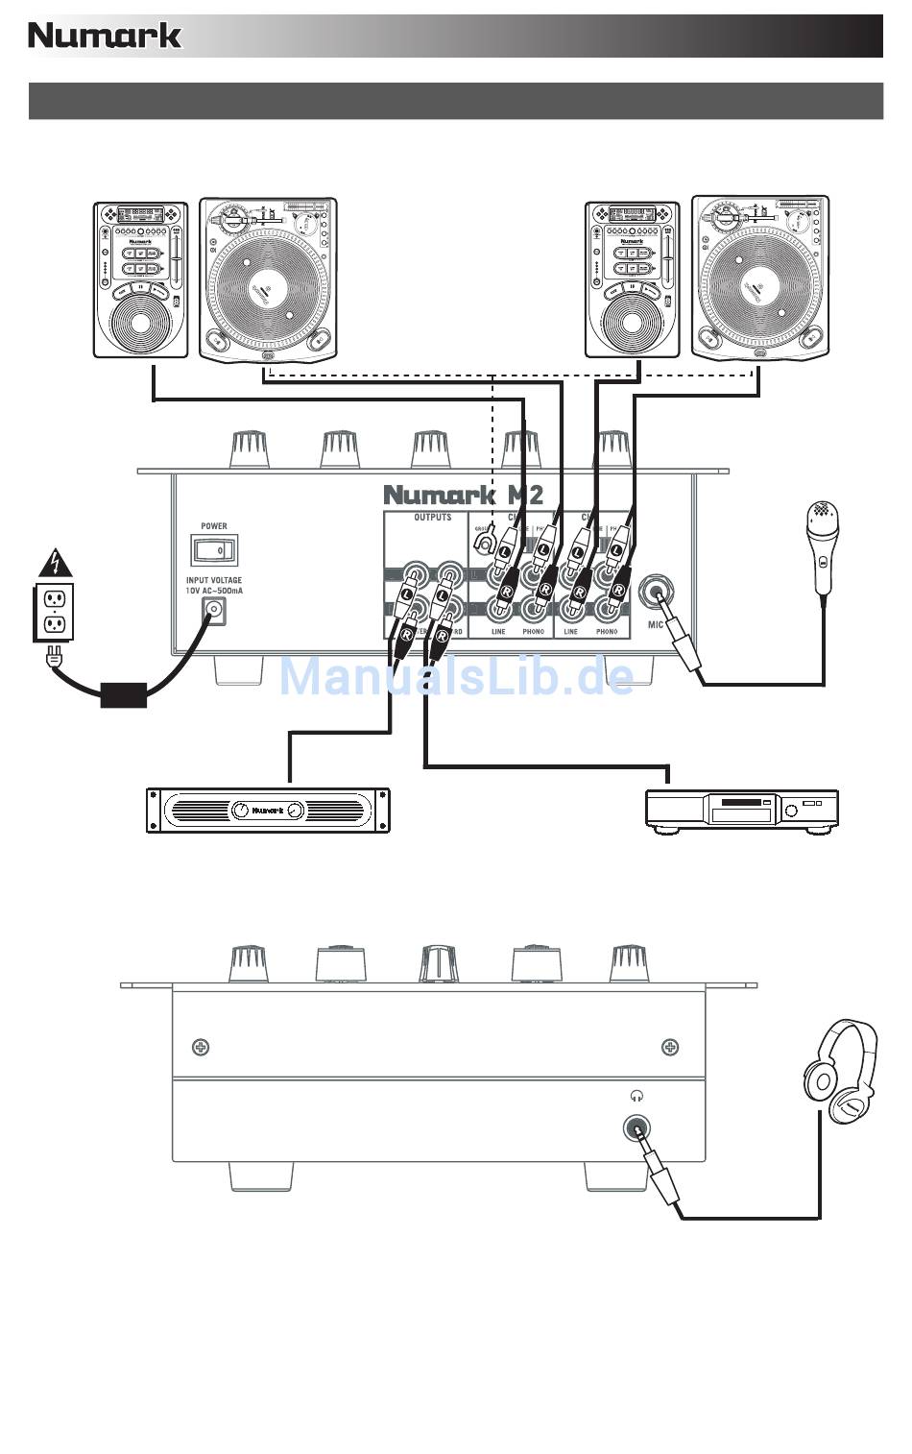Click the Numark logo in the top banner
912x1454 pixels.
pos(105,36)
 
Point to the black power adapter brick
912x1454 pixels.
pos(124,691)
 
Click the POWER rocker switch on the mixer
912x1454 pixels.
pos(214,550)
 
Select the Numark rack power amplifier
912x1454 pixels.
pos(268,810)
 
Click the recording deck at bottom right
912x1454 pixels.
pos(741,809)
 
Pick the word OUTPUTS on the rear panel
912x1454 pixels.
pos(432,518)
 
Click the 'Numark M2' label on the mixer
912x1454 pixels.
pos(463,495)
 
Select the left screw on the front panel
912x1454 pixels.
pos(200,1046)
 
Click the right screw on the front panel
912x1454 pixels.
pos(670,1046)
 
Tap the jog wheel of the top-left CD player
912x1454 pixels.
pos(140,323)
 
